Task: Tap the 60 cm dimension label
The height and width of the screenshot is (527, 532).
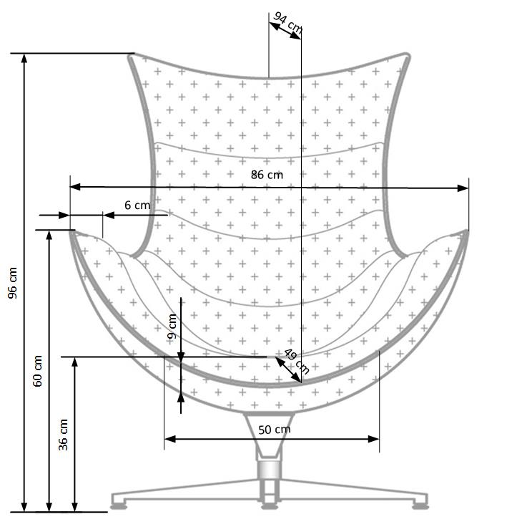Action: [39, 371]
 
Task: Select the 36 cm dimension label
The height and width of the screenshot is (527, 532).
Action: [64, 434]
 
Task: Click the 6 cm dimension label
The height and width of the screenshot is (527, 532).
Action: [137, 205]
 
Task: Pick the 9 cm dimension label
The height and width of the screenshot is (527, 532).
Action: [172, 327]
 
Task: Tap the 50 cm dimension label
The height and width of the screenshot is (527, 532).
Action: [274, 430]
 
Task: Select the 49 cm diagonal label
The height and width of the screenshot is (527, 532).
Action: [296, 361]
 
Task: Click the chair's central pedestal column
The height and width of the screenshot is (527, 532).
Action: [269, 469]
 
